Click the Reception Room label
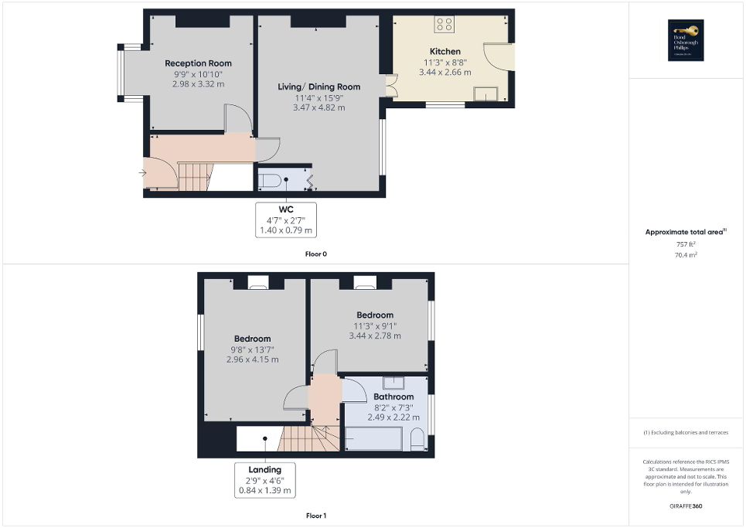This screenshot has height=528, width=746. (198, 63)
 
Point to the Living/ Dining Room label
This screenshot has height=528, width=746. (318, 87)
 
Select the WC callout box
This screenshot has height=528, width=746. (285, 220)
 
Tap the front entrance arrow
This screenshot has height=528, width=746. (142, 173)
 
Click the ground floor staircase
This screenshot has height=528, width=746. (194, 177)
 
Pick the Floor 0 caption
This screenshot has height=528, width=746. (316, 254)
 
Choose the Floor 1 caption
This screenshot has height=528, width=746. (316, 515)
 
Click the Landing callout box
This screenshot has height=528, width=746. (264, 479)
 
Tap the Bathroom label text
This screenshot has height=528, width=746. (393, 397)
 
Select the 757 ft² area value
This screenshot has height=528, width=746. (686, 244)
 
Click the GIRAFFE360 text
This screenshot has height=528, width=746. (686, 506)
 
